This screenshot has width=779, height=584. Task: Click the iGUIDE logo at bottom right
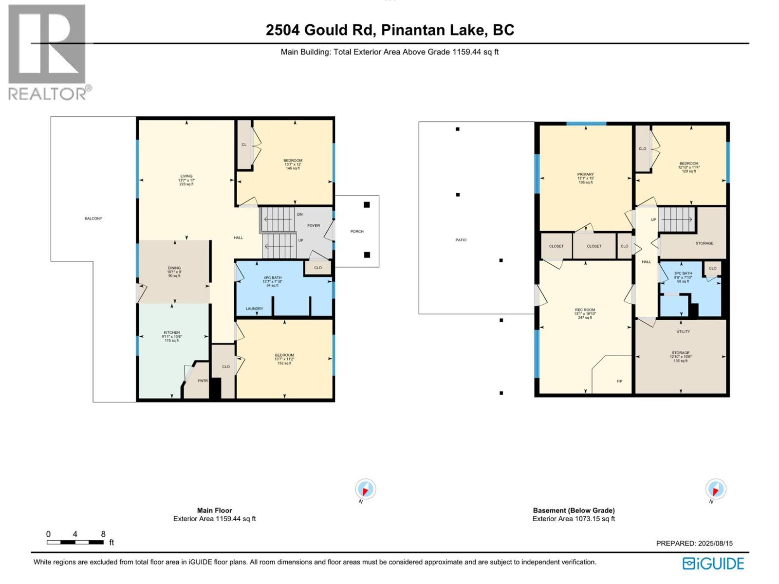pyautogui.click(x=713, y=564)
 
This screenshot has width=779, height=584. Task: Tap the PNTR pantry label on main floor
pyautogui.click(x=203, y=381)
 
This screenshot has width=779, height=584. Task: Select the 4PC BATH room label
pyautogui.click(x=272, y=278)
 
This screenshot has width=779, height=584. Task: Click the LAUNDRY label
pyautogui.click(x=254, y=309)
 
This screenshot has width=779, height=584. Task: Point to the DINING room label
pyautogui.click(x=174, y=268)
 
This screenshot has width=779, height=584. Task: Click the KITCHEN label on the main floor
pyautogui.click(x=171, y=332)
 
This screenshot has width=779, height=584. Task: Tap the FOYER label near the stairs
pyautogui.click(x=314, y=225)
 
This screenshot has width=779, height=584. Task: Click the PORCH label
pyautogui.click(x=357, y=231)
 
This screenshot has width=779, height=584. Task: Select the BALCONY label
pyautogui.click(x=93, y=219)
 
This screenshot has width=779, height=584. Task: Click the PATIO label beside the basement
pyautogui.click(x=461, y=240)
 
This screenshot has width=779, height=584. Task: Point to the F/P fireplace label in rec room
pyautogui.click(x=619, y=381)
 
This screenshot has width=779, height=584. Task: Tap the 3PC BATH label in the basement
pyautogui.click(x=683, y=274)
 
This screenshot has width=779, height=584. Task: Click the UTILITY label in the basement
pyautogui.click(x=683, y=331)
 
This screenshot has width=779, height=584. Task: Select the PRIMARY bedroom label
pyautogui.click(x=585, y=174)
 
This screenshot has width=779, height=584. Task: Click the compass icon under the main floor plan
pyautogui.click(x=365, y=489)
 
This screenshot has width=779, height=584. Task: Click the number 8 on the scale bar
pyautogui.click(x=103, y=534)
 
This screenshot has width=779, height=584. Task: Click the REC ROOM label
pyautogui.click(x=585, y=310)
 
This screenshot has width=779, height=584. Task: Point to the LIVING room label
pyautogui.click(x=186, y=176)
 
